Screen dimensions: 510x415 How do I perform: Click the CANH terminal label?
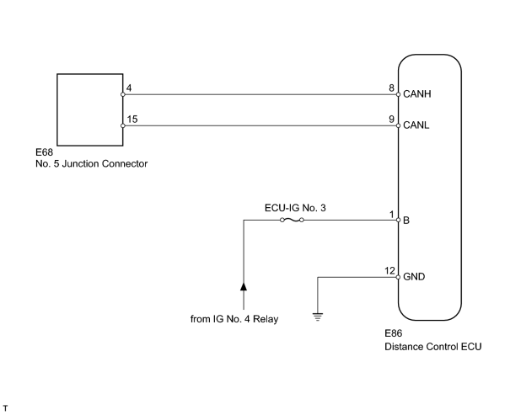coord(417,94)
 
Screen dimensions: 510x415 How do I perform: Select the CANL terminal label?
coord(416,125)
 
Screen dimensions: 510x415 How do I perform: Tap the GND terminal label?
coord(414,277)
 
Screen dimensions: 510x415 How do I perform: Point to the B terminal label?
coord(406,221)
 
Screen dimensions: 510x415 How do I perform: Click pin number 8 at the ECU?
coord(392,88)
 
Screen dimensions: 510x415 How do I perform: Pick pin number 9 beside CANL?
coord(392,120)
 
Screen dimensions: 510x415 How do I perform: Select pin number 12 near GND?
coord(389,270)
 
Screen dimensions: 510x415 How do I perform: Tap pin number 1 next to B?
coord(392,215)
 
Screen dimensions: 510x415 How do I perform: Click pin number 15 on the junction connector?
coord(132,120)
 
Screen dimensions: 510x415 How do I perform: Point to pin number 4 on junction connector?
coord(129,88)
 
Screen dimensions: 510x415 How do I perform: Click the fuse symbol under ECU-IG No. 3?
coord(292,221)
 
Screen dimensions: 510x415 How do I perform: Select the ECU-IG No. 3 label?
coord(295,208)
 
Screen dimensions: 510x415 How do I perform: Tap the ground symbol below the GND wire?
coord(318,317)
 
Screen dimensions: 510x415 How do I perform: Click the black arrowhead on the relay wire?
coord(244,286)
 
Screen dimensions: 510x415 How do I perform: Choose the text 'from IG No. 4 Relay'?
coord(234,319)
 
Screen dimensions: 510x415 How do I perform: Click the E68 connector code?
coord(44,152)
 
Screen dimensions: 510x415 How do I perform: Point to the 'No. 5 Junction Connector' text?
coord(91,163)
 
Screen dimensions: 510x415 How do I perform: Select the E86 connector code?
coord(394,333)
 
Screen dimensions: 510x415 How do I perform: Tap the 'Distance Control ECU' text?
coord(433,347)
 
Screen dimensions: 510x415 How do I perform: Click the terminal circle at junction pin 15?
coord(122,125)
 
